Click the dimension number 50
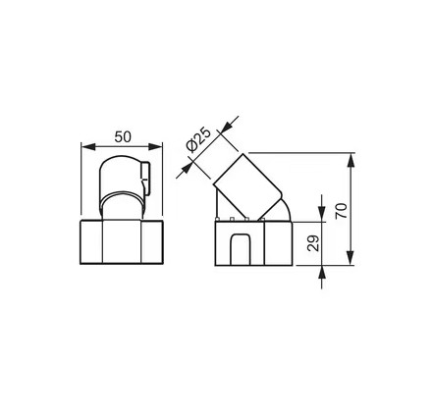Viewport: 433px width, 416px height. tap(123, 136)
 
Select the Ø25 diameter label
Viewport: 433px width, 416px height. tap(198, 139)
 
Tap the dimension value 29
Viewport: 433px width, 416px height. tap(313, 243)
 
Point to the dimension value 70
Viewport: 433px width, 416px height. tap(341, 211)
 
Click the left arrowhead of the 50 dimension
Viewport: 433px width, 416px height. tap(88, 147)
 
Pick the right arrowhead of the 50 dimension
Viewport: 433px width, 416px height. tap(155, 147)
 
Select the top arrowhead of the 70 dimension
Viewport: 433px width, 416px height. tap(351, 160)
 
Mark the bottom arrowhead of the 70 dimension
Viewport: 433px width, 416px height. tap(351, 257)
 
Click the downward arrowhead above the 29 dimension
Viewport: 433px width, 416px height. tap(322, 215)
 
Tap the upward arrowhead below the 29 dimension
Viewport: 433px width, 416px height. tap(322, 273)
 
